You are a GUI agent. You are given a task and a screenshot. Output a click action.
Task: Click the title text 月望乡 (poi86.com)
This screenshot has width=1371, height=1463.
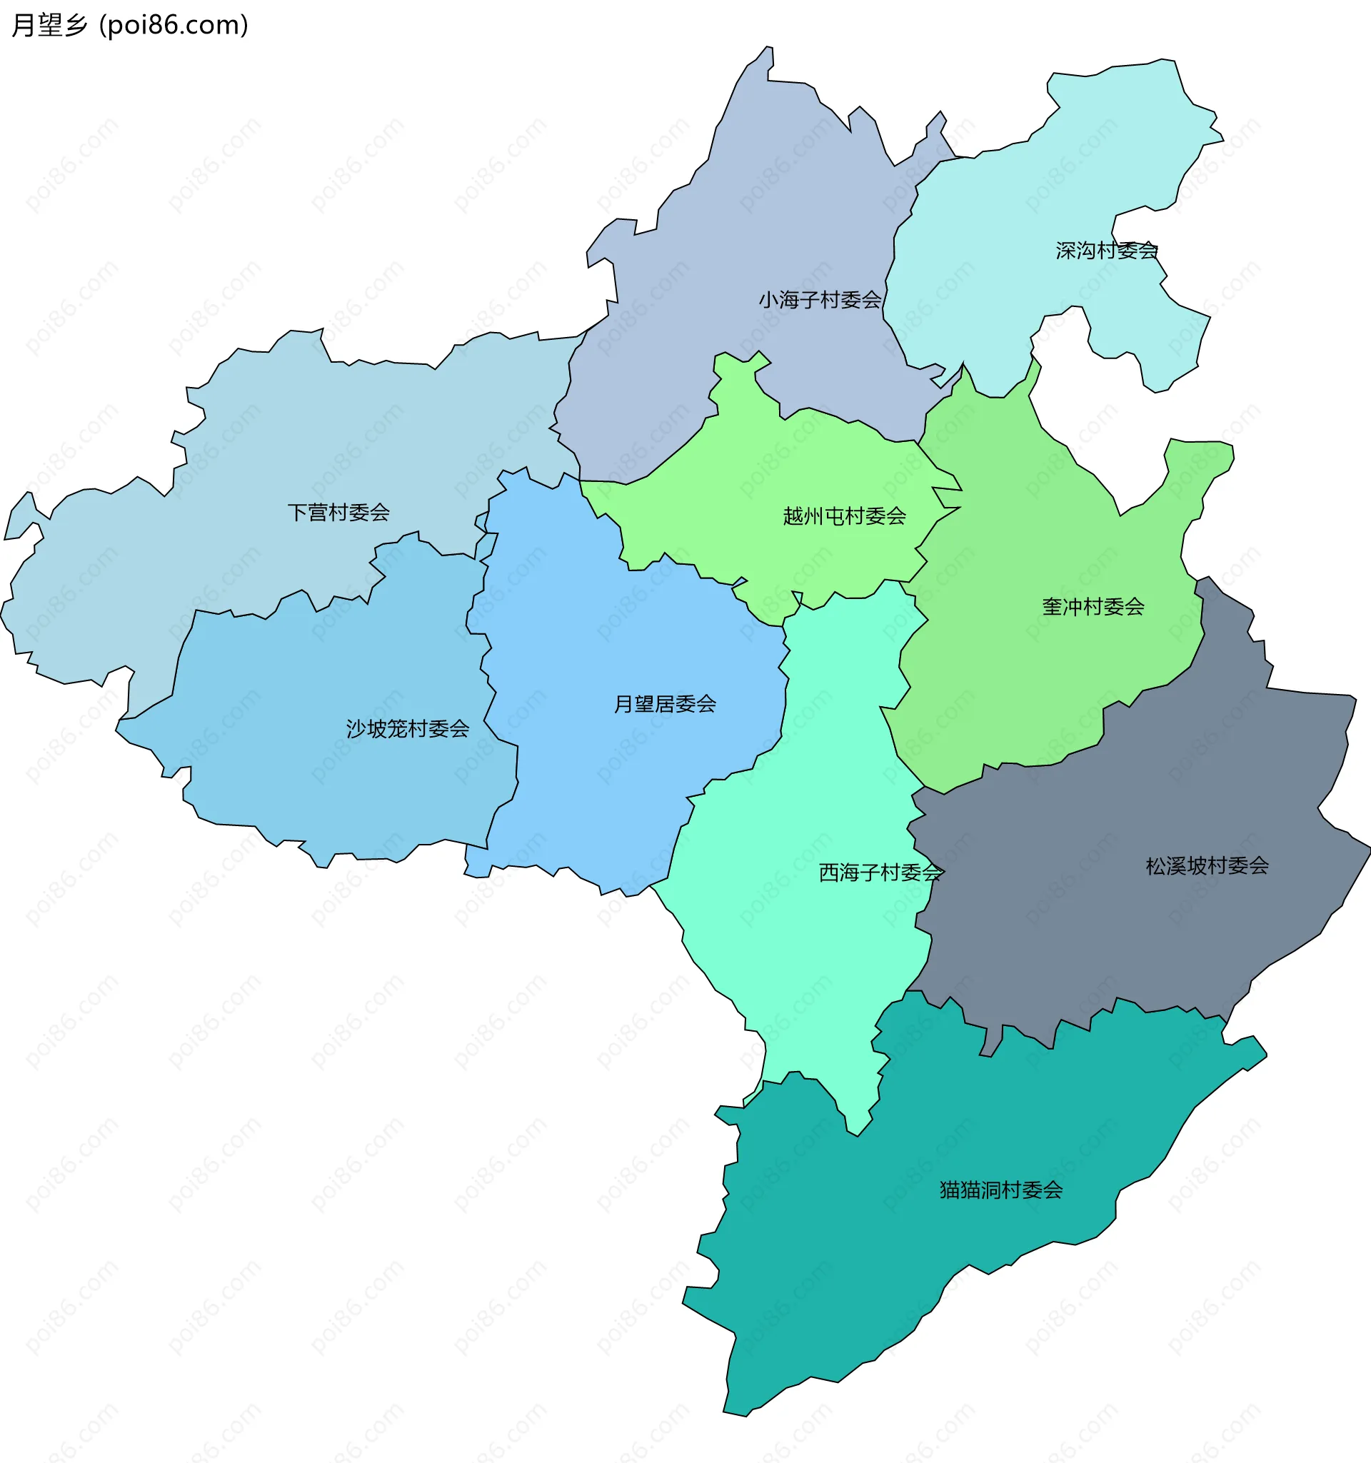coord(130,26)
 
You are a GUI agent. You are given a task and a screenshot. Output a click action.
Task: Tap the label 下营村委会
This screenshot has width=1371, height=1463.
coord(338,512)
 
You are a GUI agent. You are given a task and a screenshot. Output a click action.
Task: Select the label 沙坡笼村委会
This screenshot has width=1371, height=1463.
coord(407,728)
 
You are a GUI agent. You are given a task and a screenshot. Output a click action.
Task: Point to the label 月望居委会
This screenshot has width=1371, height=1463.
coord(665,704)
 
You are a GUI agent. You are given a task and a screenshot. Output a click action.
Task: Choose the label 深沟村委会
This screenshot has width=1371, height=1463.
coord(1106,251)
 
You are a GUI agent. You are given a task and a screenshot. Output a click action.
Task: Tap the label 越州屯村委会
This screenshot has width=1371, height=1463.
coord(844,516)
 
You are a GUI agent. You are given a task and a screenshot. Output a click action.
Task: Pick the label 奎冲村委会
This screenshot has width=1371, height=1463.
coord(1093,607)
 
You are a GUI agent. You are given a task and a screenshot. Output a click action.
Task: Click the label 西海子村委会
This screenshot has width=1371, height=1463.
coord(880,873)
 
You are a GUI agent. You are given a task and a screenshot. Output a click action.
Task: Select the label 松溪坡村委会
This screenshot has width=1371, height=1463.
coord(1207,866)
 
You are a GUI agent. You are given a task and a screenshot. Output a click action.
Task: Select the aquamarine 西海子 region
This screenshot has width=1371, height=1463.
coord(810,957)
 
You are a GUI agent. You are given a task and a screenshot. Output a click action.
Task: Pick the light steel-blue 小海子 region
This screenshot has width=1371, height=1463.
coord(773,221)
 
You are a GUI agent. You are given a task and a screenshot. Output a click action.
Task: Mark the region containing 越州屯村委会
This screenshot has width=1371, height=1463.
coord(810,471)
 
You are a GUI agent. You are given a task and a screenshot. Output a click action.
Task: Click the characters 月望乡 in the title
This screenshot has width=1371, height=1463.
coord(50,26)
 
